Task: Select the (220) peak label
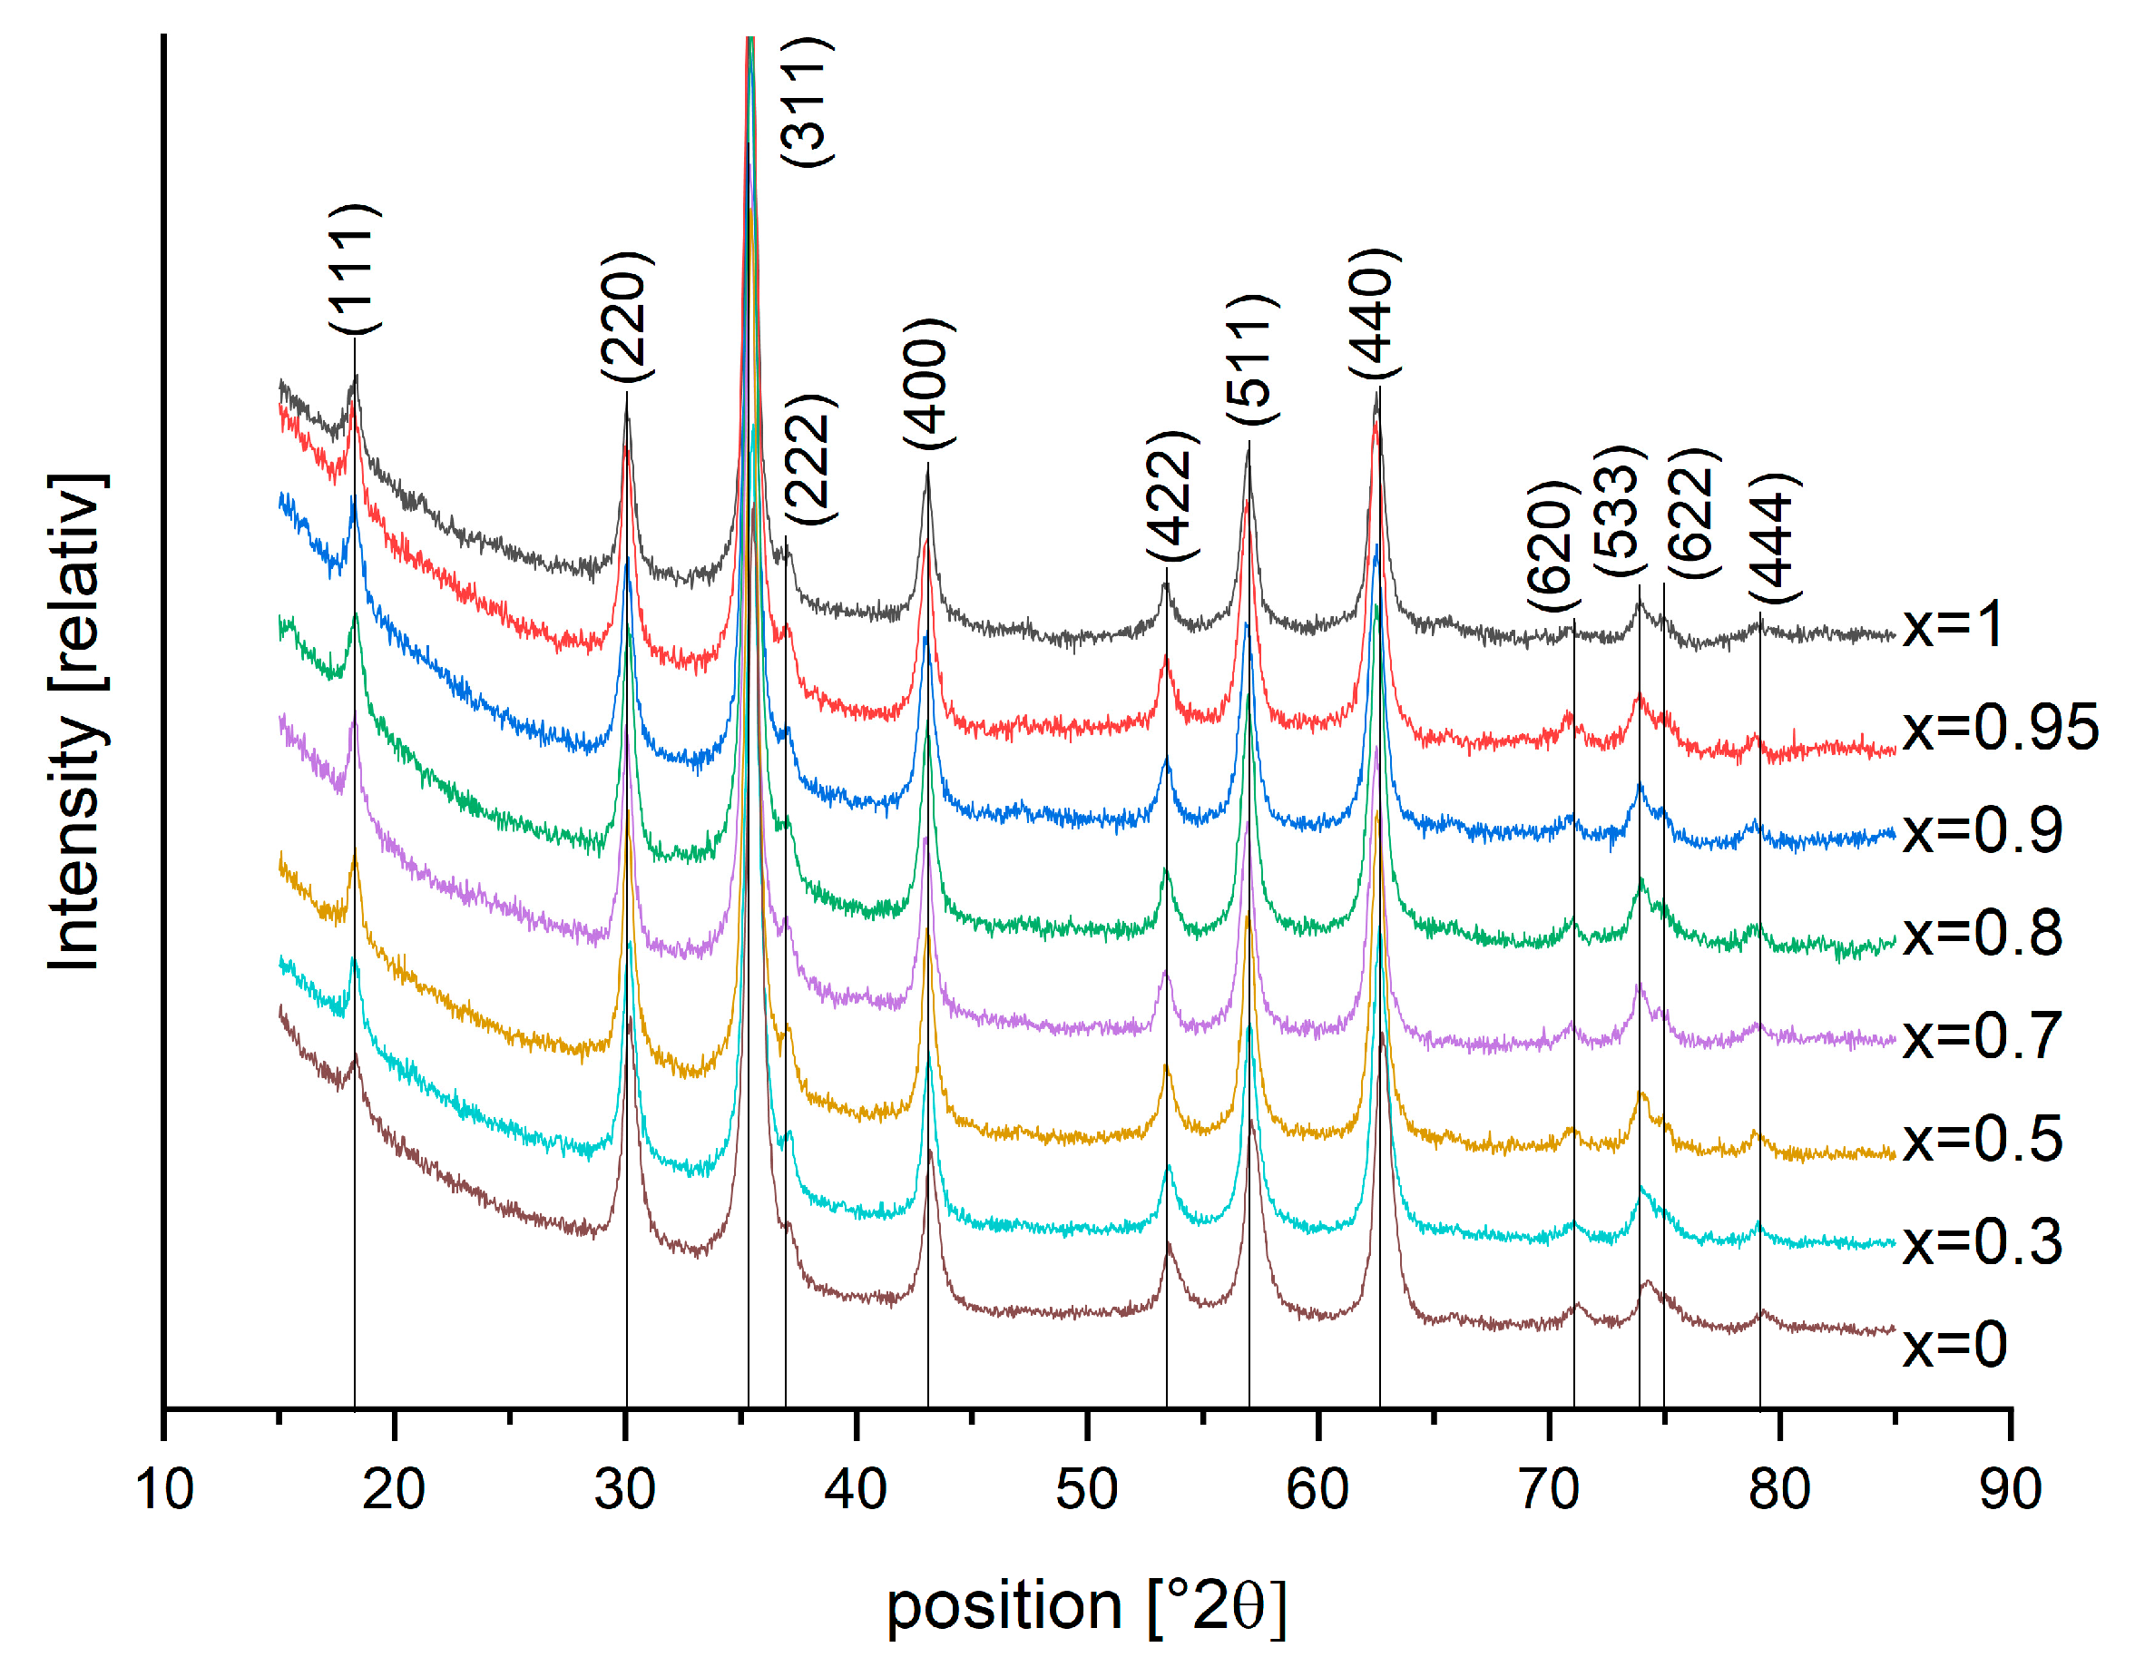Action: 625,316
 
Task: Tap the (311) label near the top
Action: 806,101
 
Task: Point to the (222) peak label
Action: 810,458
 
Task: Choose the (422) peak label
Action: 1172,495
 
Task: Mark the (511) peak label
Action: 1251,358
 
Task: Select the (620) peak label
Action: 1552,546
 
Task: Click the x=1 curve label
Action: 1952,625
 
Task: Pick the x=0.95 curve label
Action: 2000,728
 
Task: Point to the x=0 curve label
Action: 1954,1344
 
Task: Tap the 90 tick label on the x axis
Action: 2010,1488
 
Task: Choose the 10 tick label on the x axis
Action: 164,1488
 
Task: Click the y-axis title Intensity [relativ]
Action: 75,721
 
